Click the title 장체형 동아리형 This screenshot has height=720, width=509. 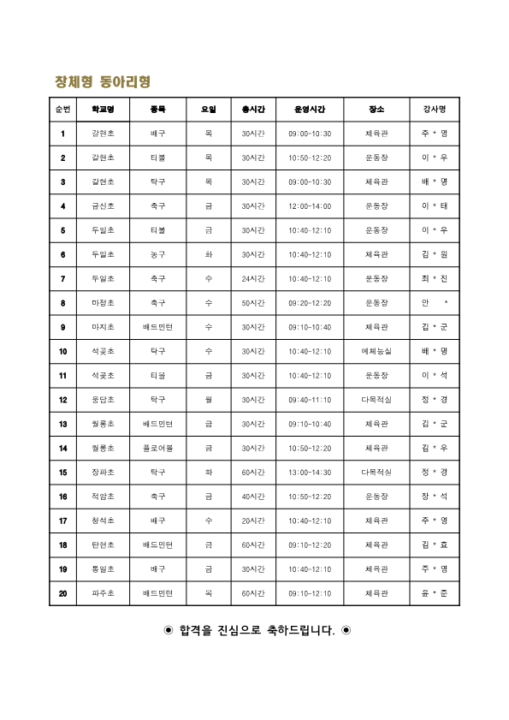[x=103, y=82]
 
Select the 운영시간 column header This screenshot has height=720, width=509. [x=310, y=110]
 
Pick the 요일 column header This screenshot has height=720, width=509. [x=209, y=110]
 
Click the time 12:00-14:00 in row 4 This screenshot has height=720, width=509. [x=310, y=206]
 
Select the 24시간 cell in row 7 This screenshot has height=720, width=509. [x=253, y=279]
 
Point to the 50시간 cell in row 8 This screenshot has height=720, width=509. [x=253, y=303]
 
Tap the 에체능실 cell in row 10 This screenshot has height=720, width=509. [x=376, y=351]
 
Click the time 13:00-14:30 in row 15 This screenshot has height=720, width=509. [x=310, y=472]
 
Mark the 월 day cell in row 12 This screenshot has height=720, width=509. [x=209, y=400]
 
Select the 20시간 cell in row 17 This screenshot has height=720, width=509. [x=253, y=521]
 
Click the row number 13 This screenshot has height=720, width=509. [x=62, y=424]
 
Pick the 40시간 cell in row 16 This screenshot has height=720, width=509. [x=253, y=497]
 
